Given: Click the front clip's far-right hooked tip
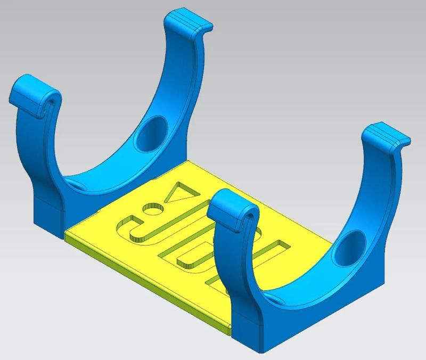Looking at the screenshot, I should coord(389,135).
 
